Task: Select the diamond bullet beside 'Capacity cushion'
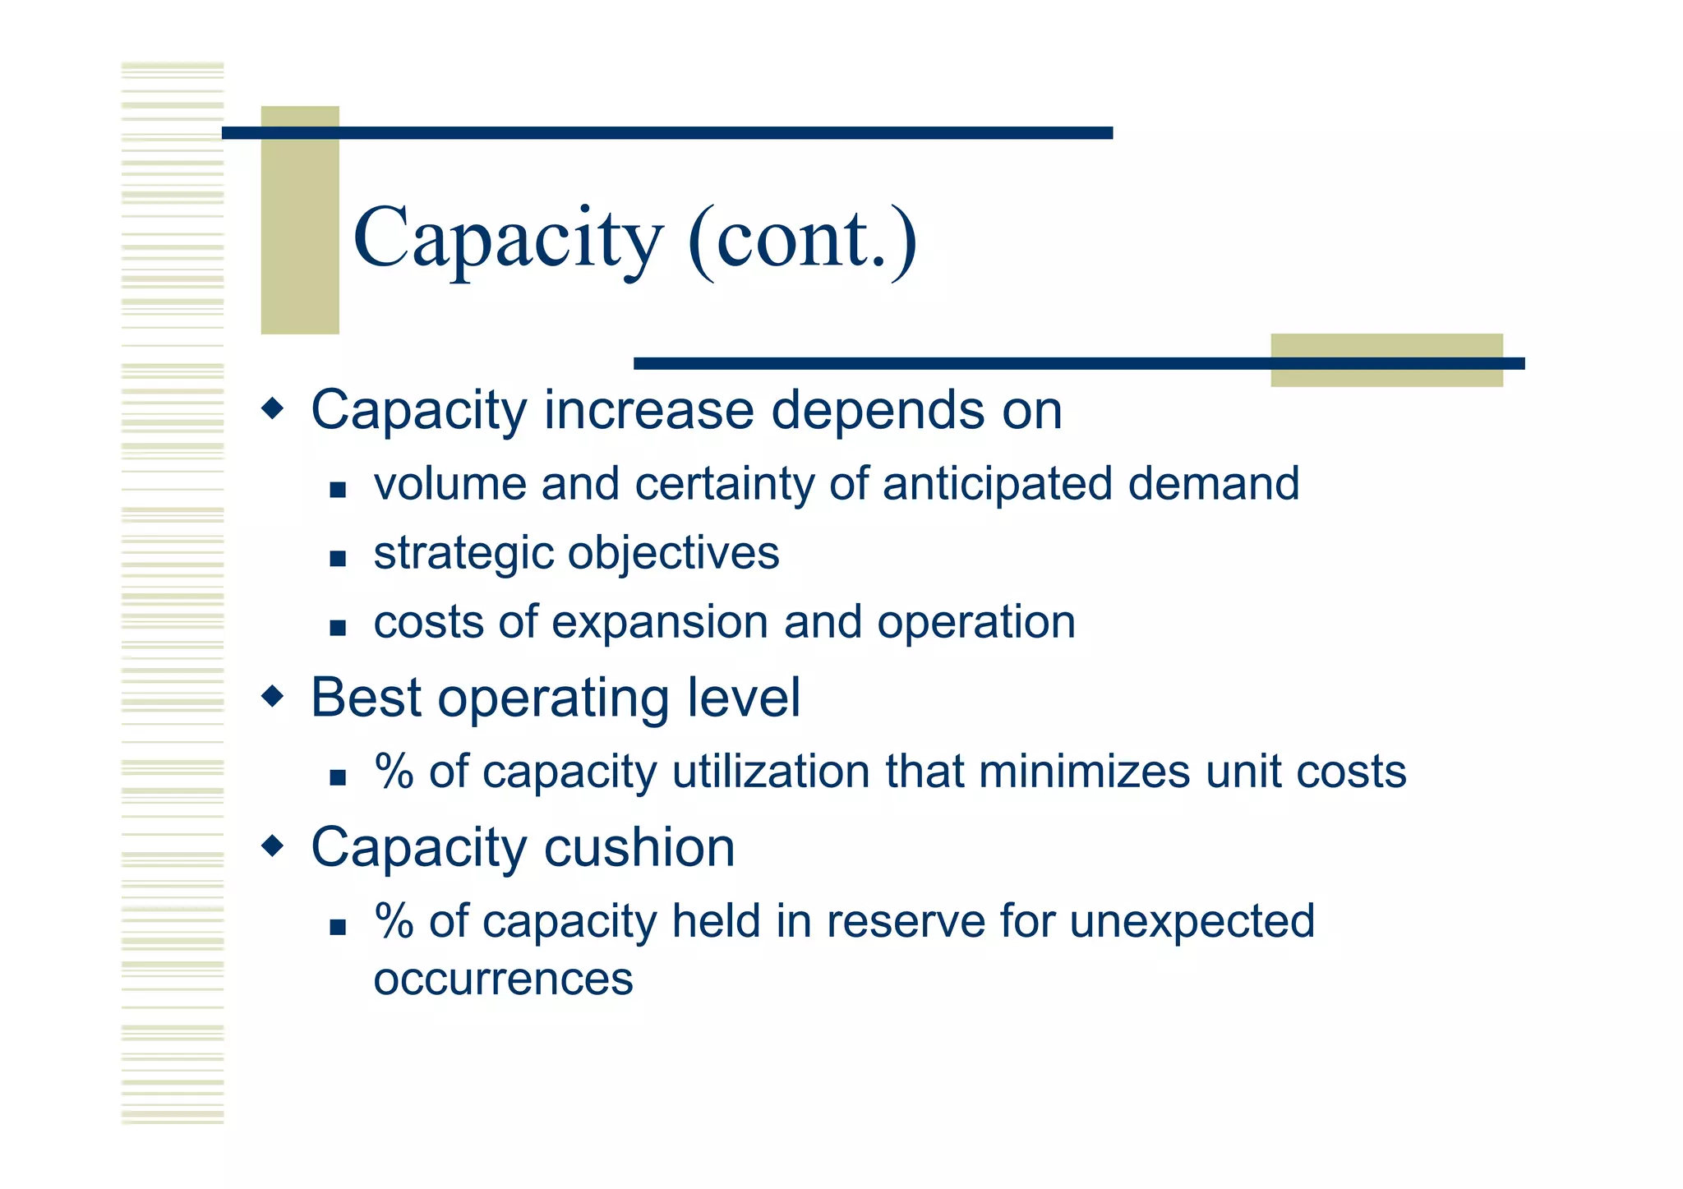(x=272, y=846)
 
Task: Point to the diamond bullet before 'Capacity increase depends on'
(x=272, y=408)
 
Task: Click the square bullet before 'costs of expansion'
(x=337, y=629)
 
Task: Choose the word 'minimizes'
(x=1084, y=772)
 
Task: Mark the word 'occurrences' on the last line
(x=503, y=979)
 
